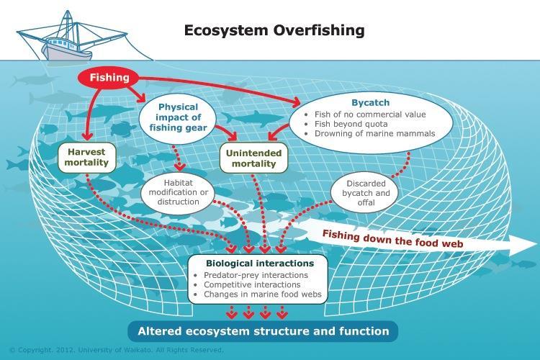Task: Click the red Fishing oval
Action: pyautogui.click(x=109, y=78)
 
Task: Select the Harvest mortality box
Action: pyautogui.click(x=86, y=158)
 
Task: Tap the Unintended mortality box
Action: pyautogui.click(x=254, y=158)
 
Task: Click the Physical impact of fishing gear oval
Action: pyautogui.click(x=178, y=117)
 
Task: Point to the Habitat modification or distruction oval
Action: pyautogui.click(x=178, y=192)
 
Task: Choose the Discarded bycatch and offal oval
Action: pyautogui.click(x=366, y=193)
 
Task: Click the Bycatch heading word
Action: pyautogui.click(x=371, y=103)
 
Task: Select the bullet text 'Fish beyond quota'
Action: pyautogui.click(x=351, y=124)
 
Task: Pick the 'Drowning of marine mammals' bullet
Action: pyautogui.click(x=374, y=134)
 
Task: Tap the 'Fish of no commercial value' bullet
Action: pyautogui.click(x=370, y=114)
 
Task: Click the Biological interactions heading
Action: pyautogui.click(x=260, y=264)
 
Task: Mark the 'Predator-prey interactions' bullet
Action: pyautogui.click(x=256, y=275)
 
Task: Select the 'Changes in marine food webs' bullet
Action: pyautogui.click(x=262, y=294)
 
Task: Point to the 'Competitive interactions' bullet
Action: pyautogui.click(x=252, y=285)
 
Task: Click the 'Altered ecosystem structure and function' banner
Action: pyautogui.click(x=263, y=331)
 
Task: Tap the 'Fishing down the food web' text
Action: pyautogui.click(x=392, y=239)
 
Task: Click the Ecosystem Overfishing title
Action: pyautogui.click(x=274, y=30)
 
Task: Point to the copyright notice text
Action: pyautogui.click(x=117, y=350)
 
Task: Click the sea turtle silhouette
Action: pyautogui.click(x=124, y=129)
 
